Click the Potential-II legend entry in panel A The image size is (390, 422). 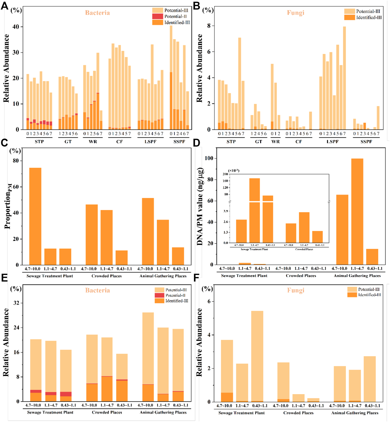(175, 16)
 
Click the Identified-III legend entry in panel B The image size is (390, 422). (369, 17)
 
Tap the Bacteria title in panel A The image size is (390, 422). (97, 13)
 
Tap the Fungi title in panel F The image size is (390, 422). (296, 290)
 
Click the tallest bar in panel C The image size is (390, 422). (35, 216)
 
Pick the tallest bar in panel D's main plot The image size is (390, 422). (357, 211)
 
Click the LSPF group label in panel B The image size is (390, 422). (332, 142)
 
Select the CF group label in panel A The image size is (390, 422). (120, 142)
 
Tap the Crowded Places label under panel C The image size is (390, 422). (107, 276)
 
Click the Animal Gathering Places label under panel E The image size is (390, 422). (163, 412)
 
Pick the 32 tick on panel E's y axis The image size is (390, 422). (16, 303)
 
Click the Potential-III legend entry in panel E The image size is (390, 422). (176, 290)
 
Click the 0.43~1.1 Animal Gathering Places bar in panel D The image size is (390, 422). (372, 257)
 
